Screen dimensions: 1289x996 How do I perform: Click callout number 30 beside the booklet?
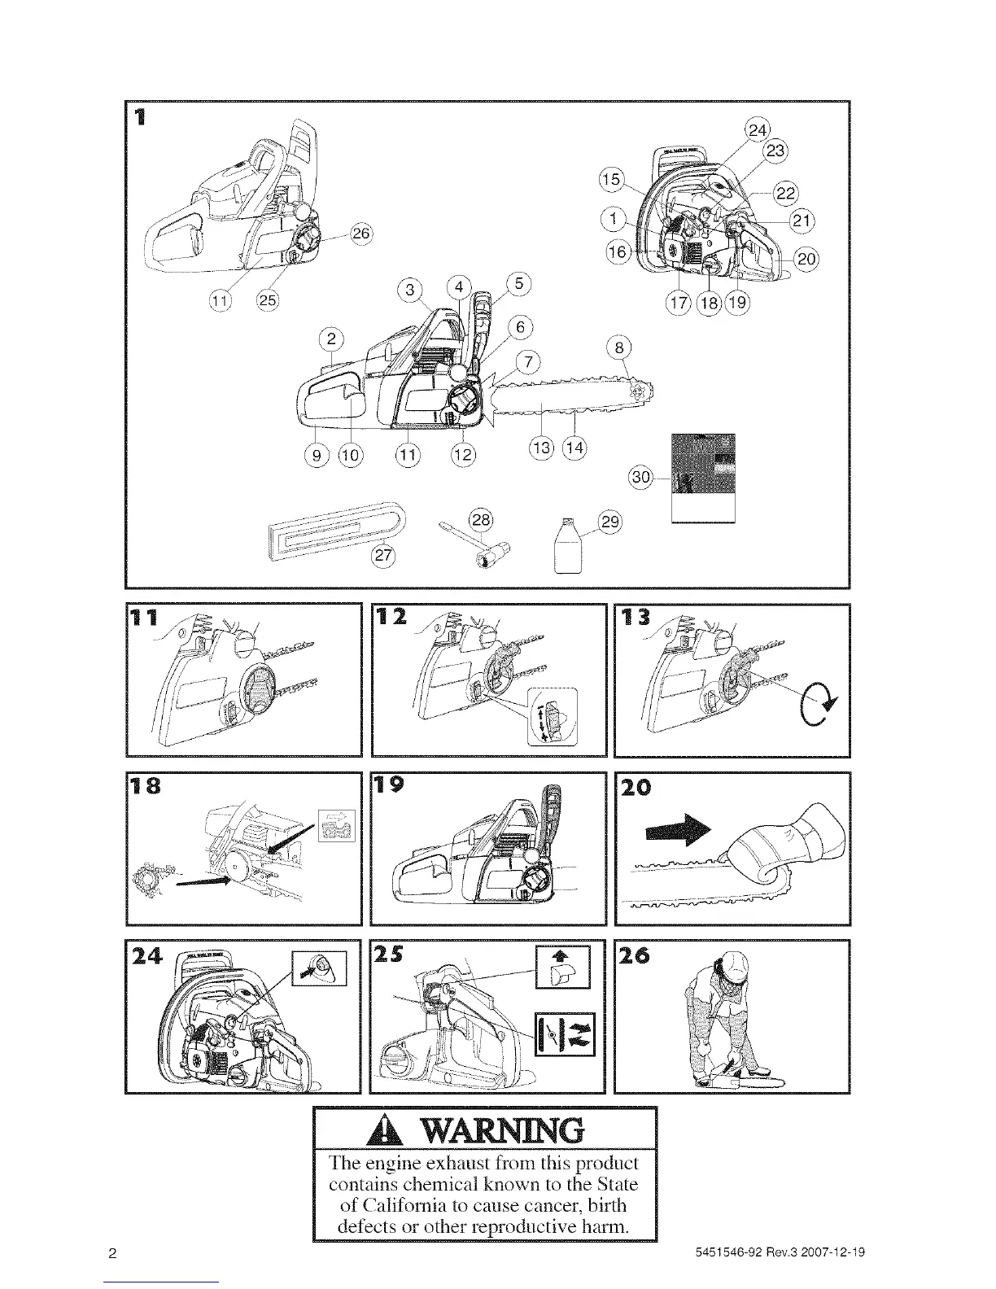pyautogui.click(x=641, y=478)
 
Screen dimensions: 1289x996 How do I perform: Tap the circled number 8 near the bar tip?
pyautogui.click(x=620, y=349)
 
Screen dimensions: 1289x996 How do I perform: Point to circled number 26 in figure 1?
pyautogui.click(x=360, y=234)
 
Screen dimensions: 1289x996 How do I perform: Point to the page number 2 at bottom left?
pyautogui.click(x=113, y=1253)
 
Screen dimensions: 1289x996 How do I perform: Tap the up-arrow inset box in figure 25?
pyautogui.click(x=563, y=968)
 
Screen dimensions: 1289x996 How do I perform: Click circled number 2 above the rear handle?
pyautogui.click(x=332, y=339)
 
